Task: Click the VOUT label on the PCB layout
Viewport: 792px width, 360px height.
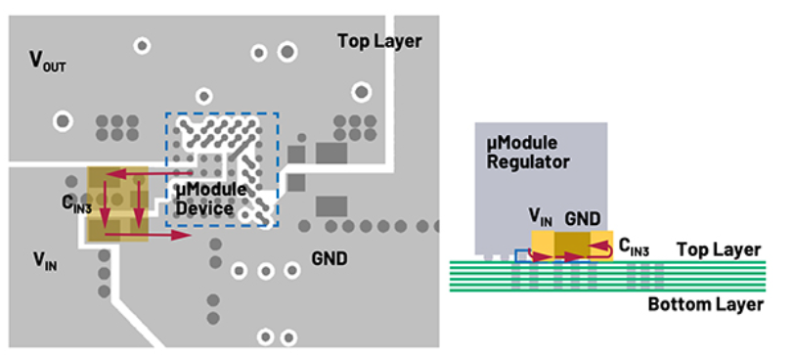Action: coord(48,62)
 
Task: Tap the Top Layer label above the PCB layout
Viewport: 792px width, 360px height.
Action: coord(379,41)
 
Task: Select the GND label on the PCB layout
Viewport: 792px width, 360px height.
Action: coord(330,259)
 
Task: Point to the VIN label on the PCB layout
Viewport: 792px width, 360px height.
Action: coord(45,261)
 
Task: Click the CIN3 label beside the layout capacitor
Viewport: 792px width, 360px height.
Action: coord(75,203)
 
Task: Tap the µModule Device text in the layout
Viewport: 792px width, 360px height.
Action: coord(210,200)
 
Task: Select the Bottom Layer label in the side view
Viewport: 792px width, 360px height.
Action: coord(706,305)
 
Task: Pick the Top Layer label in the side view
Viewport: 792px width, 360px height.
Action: coord(719,249)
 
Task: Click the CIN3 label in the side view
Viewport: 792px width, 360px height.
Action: coord(634,247)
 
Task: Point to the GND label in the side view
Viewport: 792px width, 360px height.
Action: coord(583,219)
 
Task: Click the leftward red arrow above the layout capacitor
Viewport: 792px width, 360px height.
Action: coord(150,174)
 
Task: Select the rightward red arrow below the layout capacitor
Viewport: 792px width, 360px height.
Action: coord(148,235)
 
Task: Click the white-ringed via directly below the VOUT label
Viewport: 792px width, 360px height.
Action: coord(63,121)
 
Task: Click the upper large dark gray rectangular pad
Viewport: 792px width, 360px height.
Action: coord(331,154)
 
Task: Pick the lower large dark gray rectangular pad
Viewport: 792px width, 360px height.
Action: coord(331,206)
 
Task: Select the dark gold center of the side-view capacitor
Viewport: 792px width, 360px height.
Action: coord(572,247)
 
